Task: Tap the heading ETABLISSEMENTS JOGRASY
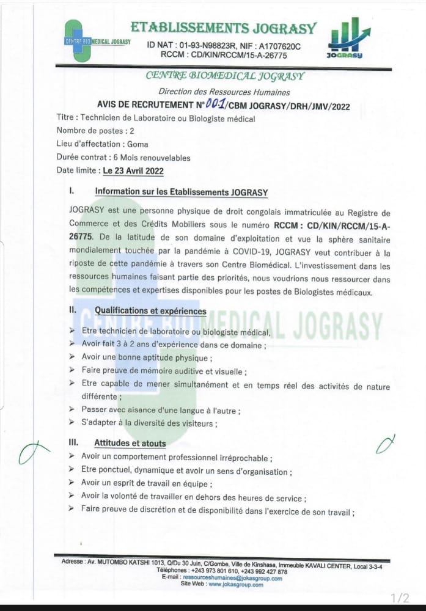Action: (223, 28)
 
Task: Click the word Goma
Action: (136, 145)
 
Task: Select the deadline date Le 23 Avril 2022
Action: (133, 171)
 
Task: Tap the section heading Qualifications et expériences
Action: (150, 310)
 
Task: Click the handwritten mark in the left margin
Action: (34, 452)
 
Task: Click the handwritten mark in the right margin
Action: (385, 445)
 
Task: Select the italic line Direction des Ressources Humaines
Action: (224, 92)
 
